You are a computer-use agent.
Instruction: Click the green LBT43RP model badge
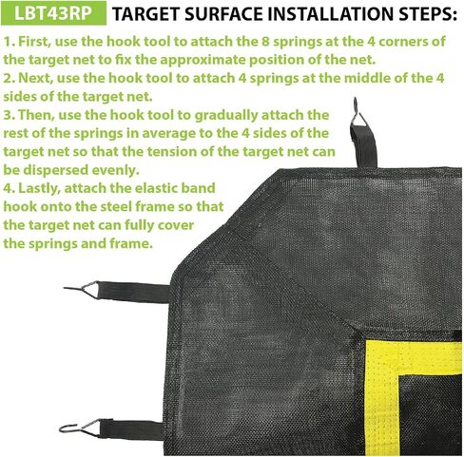(x=53, y=13)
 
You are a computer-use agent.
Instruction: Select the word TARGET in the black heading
(x=146, y=14)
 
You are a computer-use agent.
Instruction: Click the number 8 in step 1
(x=265, y=42)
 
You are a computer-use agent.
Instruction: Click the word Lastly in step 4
(x=39, y=189)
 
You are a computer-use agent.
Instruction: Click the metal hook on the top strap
(x=358, y=112)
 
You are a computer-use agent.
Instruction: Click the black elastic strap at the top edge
(x=364, y=145)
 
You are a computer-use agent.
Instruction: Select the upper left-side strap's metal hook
(x=81, y=289)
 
